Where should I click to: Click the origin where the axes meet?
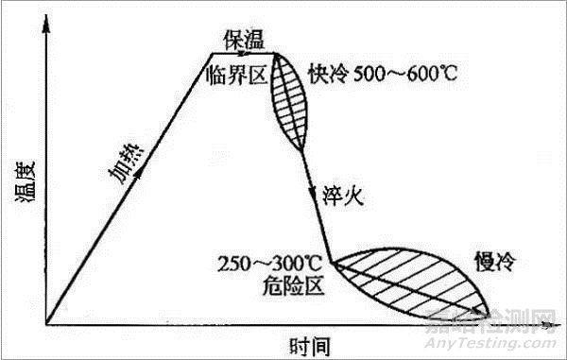point(44,323)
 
